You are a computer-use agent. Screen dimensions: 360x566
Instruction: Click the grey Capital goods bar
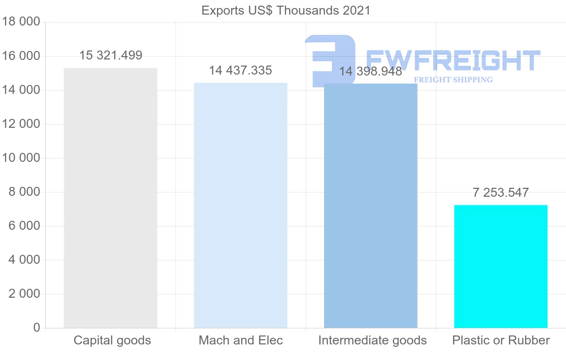tap(110, 198)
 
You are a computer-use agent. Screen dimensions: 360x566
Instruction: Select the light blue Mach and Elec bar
tap(241, 205)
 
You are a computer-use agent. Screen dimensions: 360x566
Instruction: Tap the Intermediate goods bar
tap(371, 208)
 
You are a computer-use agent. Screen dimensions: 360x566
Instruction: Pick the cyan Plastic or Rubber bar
tap(501, 267)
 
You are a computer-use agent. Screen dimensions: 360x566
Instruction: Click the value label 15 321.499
tap(110, 55)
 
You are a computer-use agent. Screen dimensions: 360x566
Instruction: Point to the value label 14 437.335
tap(241, 70)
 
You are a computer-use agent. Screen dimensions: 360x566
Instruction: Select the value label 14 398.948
tap(371, 72)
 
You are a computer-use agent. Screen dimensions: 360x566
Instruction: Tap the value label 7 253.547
tap(501, 193)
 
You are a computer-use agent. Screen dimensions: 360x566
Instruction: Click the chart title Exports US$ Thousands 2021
tap(286, 10)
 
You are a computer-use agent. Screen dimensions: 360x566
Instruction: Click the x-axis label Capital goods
tap(112, 340)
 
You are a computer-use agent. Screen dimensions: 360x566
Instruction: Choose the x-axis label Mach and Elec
tap(241, 340)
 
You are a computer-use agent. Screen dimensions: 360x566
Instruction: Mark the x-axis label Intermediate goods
tap(372, 340)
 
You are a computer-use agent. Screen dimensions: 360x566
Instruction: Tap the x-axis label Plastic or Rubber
tap(501, 340)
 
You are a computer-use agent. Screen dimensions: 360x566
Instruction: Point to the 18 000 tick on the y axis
tap(21, 22)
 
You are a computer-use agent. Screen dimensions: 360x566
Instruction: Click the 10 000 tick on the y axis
tap(21, 158)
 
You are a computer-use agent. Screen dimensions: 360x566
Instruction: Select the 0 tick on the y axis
tap(37, 328)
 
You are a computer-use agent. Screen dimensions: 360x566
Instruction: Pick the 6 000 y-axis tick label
tap(24, 226)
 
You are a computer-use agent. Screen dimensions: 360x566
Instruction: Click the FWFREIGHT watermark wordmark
tap(453, 61)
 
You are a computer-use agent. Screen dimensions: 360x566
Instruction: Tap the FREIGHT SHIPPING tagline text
tap(453, 80)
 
